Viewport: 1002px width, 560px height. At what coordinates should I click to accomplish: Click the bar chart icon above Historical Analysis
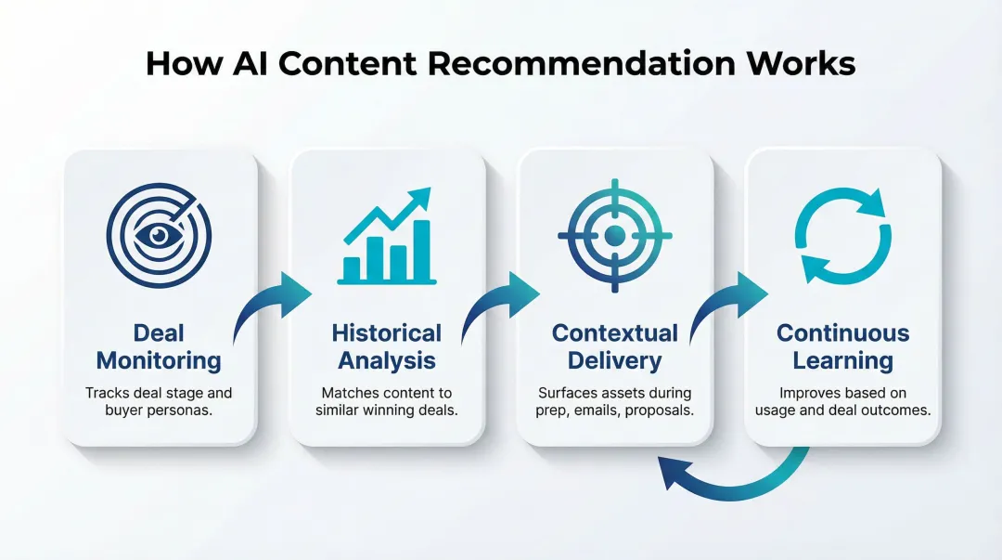point(387,236)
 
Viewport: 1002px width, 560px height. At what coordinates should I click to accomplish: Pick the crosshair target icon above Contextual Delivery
point(614,236)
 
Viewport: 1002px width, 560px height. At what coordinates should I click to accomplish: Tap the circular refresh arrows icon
point(843,236)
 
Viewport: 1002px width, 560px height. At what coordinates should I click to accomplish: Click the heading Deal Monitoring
point(159,346)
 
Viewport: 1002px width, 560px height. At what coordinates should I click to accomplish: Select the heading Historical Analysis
point(387,346)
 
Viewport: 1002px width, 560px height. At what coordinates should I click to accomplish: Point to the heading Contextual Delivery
point(614,346)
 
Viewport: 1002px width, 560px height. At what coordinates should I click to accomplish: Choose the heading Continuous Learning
point(843,346)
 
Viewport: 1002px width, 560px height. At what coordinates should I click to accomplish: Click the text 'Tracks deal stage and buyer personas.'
point(159,401)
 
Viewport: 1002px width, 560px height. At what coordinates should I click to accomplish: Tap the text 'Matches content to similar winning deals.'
point(387,401)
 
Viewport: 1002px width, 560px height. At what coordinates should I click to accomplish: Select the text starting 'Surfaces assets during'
point(614,401)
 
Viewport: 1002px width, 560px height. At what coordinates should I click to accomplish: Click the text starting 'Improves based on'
point(843,401)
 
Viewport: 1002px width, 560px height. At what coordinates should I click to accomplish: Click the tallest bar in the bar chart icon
point(420,251)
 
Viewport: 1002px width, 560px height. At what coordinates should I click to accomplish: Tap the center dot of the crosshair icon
point(614,236)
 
